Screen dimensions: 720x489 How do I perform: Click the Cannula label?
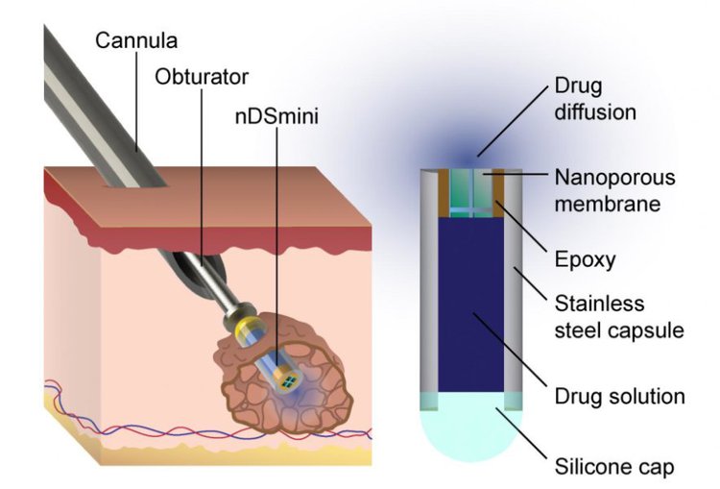click(136, 40)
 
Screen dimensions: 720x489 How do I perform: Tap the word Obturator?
click(202, 77)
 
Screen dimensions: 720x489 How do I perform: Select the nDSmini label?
click(276, 116)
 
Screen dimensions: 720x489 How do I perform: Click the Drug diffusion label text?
click(595, 99)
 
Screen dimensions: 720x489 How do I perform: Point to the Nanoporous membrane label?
click(614, 191)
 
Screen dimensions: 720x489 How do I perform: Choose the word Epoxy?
click(585, 259)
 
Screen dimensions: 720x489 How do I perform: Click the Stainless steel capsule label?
click(619, 317)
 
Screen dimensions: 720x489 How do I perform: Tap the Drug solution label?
click(619, 396)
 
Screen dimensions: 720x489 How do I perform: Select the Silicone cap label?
click(614, 467)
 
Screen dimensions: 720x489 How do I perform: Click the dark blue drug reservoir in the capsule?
click(471, 305)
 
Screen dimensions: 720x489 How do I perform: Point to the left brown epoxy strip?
click(444, 192)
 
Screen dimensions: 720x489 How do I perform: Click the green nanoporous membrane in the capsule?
click(471, 192)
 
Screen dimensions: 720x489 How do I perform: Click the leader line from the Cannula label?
click(136, 102)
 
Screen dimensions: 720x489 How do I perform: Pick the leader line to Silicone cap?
click(521, 433)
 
